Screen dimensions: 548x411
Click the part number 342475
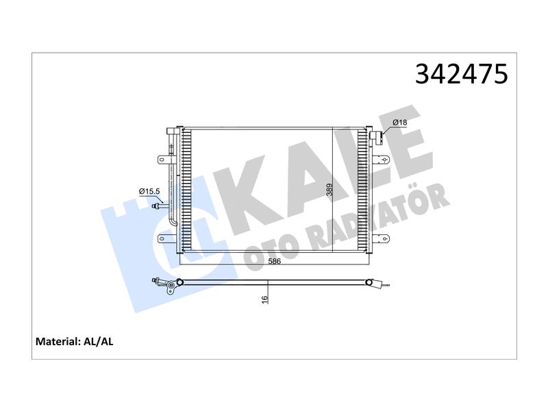(x=461, y=74)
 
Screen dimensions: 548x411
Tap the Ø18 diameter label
(x=399, y=123)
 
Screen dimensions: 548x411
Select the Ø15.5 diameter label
(x=149, y=191)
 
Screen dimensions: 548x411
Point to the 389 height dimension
(x=329, y=190)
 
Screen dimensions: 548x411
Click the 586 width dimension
(x=275, y=262)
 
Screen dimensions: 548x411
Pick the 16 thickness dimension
(x=264, y=299)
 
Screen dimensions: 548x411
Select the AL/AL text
(x=99, y=341)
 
